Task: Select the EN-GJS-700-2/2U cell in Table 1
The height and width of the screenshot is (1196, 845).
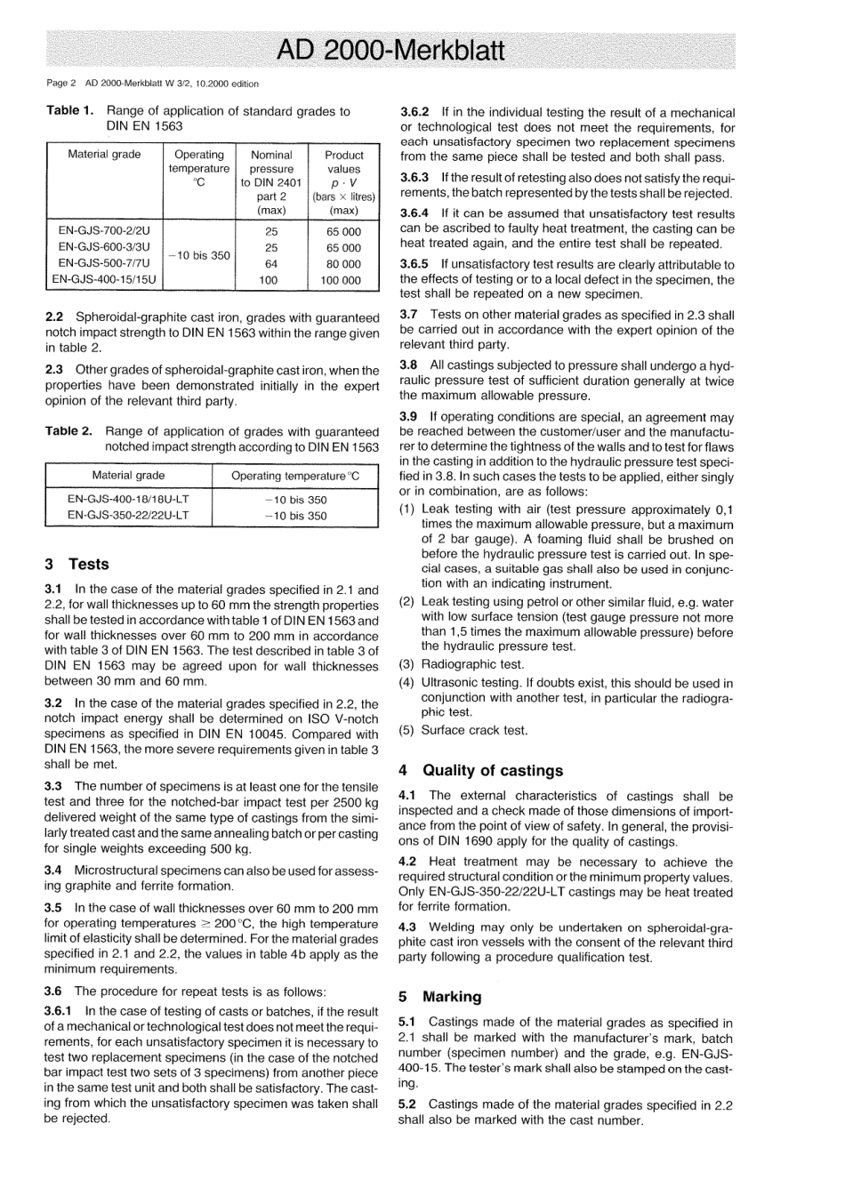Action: coord(104,231)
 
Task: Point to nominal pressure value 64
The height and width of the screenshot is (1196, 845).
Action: coord(271,264)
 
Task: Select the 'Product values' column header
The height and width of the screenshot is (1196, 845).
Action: coord(343,161)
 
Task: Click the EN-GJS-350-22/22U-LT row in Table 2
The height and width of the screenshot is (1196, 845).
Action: coord(128,516)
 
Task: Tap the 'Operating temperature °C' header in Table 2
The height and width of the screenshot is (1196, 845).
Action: coord(295,476)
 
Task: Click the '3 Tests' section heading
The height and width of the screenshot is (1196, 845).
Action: coord(76,564)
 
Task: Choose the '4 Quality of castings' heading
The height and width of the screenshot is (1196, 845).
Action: coord(480,770)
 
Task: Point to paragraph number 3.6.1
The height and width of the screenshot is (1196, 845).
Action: coord(61,1011)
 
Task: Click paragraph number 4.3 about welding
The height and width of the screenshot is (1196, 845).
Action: coord(408,927)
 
